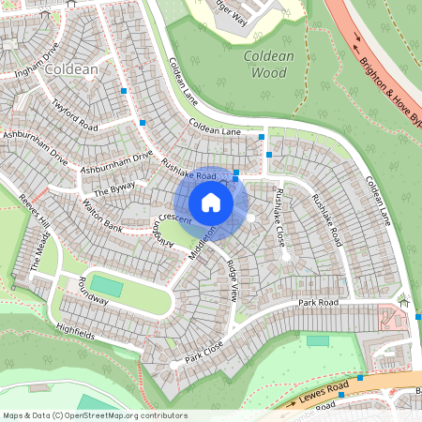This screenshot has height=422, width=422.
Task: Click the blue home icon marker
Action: pyautogui.click(x=211, y=202)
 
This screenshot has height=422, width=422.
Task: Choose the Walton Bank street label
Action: pyautogui.click(x=102, y=208)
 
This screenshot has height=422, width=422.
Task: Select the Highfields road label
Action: pyautogui.click(x=76, y=329)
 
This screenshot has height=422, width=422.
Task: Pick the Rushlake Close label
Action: pyautogui.click(x=279, y=217)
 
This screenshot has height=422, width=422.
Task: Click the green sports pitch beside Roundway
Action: pyautogui.click(x=106, y=285)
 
